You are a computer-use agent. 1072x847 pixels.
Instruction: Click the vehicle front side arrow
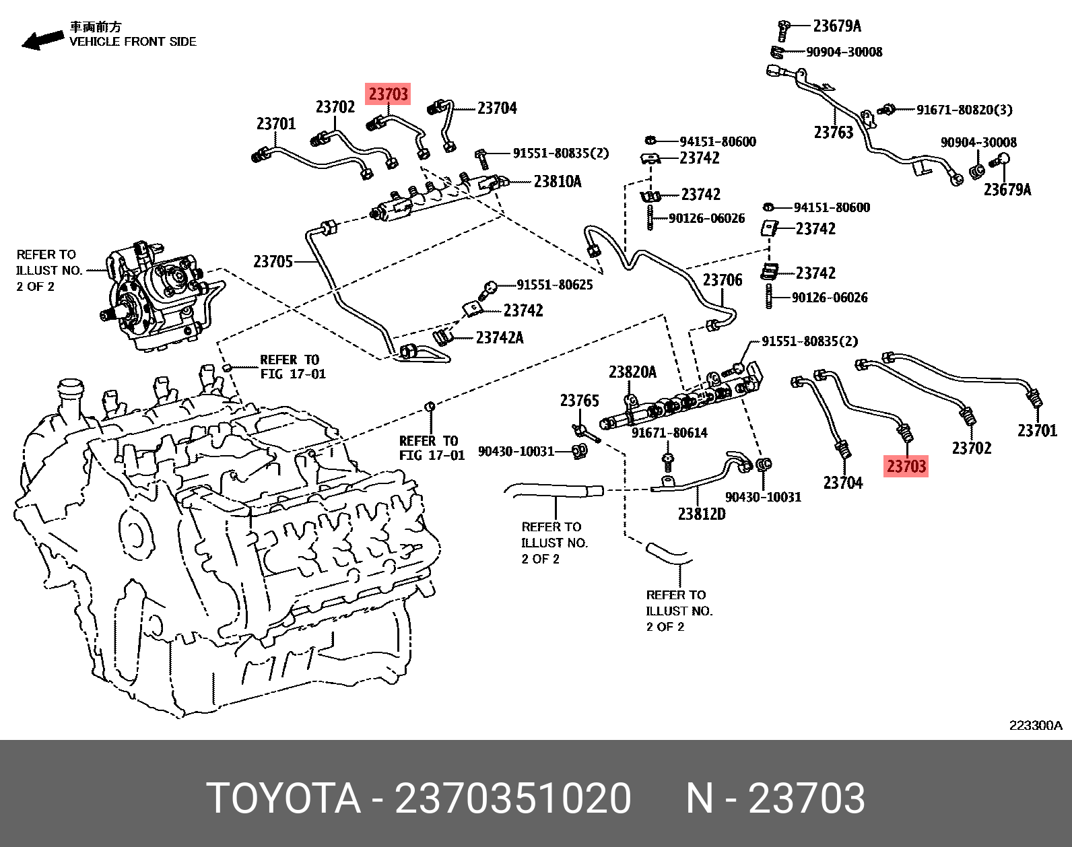click(42, 38)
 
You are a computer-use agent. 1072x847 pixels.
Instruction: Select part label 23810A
click(557, 181)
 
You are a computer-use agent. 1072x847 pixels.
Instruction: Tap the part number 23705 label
click(273, 261)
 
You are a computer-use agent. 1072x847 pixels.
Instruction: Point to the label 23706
click(722, 279)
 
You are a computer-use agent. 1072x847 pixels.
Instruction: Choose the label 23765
click(579, 401)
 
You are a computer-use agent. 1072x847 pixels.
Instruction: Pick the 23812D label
click(701, 514)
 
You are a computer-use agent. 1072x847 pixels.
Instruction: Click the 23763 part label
click(833, 132)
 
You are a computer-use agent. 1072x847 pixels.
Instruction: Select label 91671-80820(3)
click(964, 110)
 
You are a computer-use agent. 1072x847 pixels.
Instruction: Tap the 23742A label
click(499, 337)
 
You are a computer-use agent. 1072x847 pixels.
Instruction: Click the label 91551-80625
click(554, 285)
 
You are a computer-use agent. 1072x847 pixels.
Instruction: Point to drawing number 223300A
click(1035, 725)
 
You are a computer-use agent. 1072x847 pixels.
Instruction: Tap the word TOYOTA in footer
click(283, 799)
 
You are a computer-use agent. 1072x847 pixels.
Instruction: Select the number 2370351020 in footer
click(512, 799)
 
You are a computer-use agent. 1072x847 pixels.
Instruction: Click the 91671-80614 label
click(669, 432)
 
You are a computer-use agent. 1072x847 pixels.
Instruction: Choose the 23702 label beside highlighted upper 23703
click(335, 107)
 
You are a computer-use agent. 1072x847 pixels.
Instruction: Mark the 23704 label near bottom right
click(842, 482)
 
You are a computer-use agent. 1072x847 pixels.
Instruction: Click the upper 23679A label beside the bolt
click(836, 26)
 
